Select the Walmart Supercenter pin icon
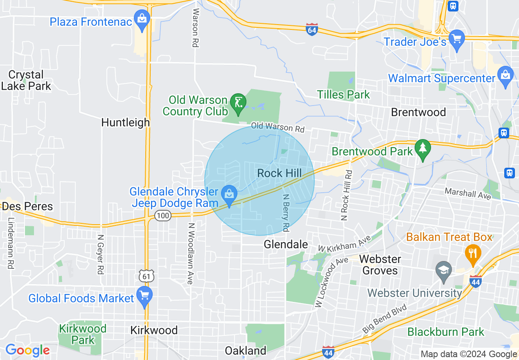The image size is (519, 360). pos(506,76)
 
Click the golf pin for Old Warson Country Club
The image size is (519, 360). pos(238,104)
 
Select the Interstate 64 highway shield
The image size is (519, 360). pos(311,29)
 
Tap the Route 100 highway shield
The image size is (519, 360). pos(163,216)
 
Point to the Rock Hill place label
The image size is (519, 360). pos(279,173)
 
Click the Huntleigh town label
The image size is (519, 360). pos(125,122)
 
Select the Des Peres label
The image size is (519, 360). pos(27,206)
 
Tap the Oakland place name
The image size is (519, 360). pos(246,351)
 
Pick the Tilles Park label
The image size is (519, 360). pos(343,95)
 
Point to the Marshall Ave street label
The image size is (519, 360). pos(468,193)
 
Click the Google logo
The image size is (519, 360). pos(27,351)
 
